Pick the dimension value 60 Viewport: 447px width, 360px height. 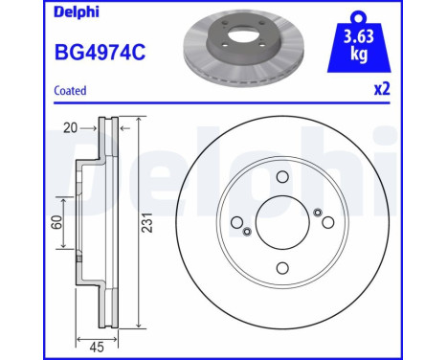[x=57, y=222]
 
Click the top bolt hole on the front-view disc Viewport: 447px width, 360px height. [x=282, y=177]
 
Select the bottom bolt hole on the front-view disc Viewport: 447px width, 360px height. [x=282, y=268]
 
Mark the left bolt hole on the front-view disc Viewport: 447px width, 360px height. [x=237, y=222]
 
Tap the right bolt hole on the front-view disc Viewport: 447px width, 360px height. [x=328, y=222]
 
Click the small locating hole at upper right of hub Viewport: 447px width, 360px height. [x=318, y=213]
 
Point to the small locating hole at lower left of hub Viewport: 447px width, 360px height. [x=247, y=232]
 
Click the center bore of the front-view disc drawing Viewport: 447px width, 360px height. [x=282, y=222]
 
